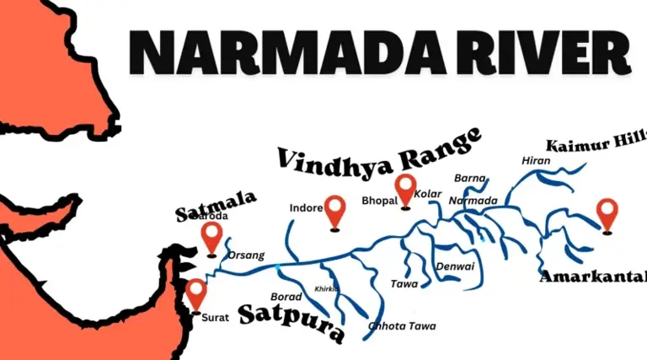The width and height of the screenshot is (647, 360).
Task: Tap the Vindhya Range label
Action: (x=378, y=148)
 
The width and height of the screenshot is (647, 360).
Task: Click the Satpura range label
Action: (x=291, y=321)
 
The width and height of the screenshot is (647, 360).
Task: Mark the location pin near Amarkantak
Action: (x=607, y=214)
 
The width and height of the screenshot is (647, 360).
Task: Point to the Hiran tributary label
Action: (x=536, y=160)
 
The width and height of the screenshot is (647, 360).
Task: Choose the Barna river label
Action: (x=470, y=178)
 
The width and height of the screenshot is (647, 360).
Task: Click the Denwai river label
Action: (x=455, y=266)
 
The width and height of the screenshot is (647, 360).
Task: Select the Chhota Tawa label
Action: (x=396, y=326)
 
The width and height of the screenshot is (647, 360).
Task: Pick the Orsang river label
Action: (x=247, y=255)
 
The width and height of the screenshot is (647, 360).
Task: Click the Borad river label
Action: (x=286, y=297)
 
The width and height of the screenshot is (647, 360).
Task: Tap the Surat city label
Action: (x=215, y=317)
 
